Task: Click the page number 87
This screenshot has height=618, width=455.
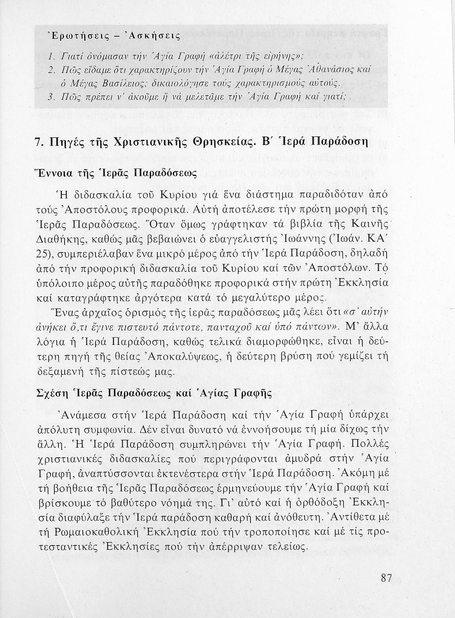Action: click(x=386, y=577)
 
